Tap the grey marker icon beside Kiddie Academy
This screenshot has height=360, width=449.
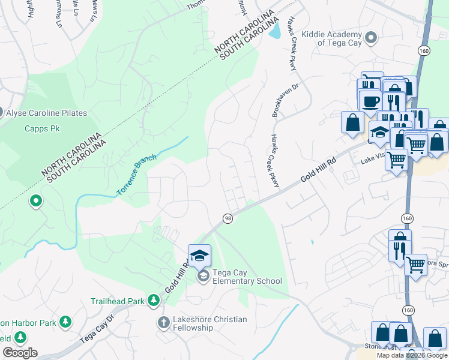pyautogui.click(x=371, y=38)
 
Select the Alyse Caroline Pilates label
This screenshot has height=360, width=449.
pyautogui.click(x=47, y=113)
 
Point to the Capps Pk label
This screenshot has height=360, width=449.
pyautogui.click(x=40, y=128)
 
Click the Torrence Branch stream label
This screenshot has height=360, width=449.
pyautogui.click(x=136, y=174)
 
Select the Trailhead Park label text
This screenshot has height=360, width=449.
pyautogui.click(x=118, y=301)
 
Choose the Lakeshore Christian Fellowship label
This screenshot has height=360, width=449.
pyautogui.click(x=209, y=323)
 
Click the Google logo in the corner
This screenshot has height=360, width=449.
pyautogui.click(x=20, y=353)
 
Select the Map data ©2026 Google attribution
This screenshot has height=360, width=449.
pyautogui.click(x=411, y=355)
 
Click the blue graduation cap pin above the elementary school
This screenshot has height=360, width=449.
pyautogui.click(x=199, y=256)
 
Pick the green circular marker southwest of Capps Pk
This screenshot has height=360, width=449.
pyautogui.click(x=36, y=201)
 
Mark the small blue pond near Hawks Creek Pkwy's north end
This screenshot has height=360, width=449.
pyautogui.click(x=274, y=31)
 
